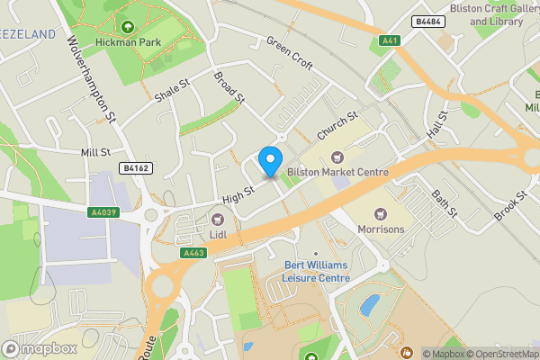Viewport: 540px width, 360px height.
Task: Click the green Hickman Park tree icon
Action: point(127,27)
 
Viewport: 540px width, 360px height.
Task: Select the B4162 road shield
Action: point(135,167)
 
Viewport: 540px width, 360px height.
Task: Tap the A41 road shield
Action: point(389,40)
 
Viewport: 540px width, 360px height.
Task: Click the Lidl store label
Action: point(217,235)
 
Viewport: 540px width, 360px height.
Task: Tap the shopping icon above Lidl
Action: point(217,219)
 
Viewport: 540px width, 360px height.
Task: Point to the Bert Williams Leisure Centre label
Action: point(317,272)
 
